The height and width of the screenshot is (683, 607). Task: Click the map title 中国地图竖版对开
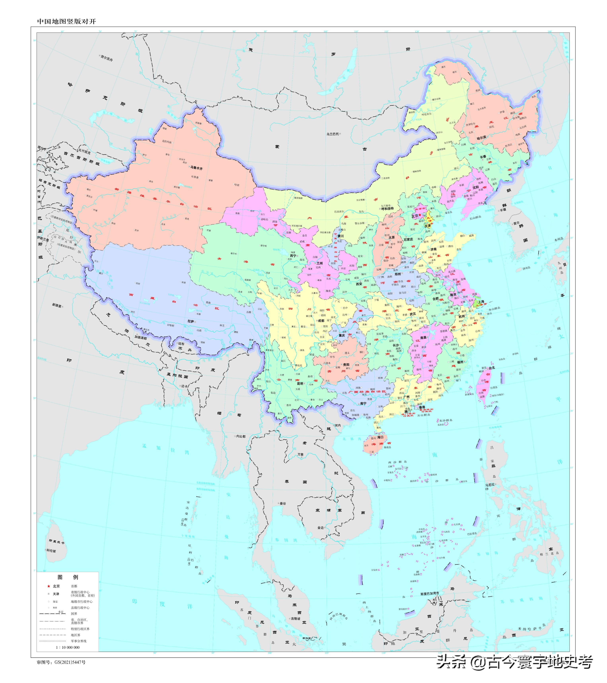point(66,21)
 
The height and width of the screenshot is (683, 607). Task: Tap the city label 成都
point(321,321)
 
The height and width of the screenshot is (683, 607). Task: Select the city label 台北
point(492,368)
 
